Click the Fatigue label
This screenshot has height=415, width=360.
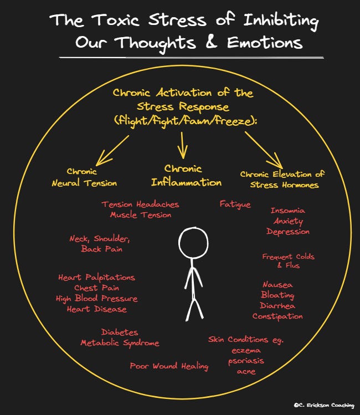coord(235,204)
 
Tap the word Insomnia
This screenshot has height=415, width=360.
coord(287,211)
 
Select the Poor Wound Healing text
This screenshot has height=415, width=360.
coord(169,366)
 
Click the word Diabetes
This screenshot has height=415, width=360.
coord(120,332)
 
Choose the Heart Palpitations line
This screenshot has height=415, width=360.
coord(96,277)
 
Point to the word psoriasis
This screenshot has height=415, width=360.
coord(246,361)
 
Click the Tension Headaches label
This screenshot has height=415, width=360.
coord(140,204)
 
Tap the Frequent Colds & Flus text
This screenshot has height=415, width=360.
coord(288,260)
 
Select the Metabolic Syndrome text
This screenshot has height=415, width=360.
coord(120,343)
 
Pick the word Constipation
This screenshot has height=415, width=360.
coord(277,316)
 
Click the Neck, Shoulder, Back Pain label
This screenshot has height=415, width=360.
coord(100,244)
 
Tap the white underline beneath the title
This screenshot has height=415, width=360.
coord(191,57)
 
